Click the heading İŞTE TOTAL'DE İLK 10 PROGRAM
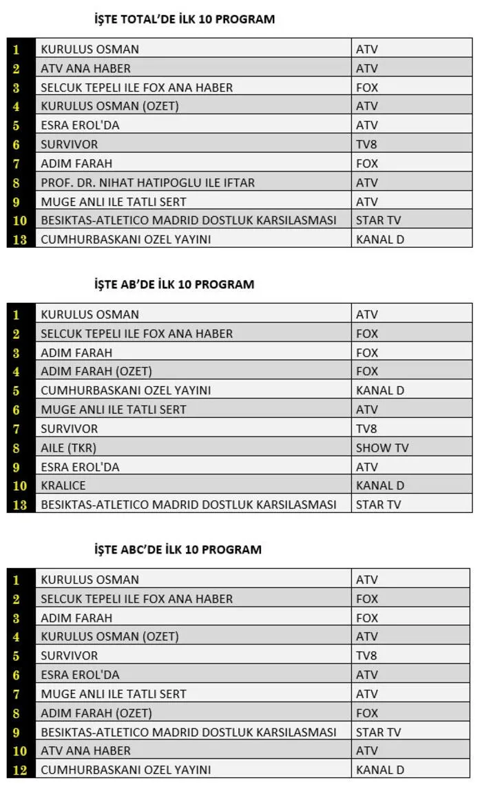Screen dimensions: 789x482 pyautogui.click(x=184, y=19)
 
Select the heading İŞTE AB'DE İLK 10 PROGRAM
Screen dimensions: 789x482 pyautogui.click(x=174, y=284)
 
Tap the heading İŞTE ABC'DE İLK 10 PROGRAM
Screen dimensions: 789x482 pyautogui.click(x=178, y=549)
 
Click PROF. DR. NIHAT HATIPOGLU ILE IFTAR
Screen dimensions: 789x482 pyautogui.click(x=147, y=182)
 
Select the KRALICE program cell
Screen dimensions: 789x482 pyautogui.click(x=63, y=485)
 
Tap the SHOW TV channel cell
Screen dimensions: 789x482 pyautogui.click(x=382, y=448)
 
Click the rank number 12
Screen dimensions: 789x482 pyautogui.click(x=20, y=770)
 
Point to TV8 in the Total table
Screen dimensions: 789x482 pyautogui.click(x=367, y=145)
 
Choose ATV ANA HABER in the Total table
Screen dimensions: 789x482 pyautogui.click(x=85, y=68)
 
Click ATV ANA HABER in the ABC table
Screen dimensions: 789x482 pyautogui.click(x=85, y=750)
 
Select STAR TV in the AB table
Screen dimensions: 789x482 pyautogui.click(x=378, y=504)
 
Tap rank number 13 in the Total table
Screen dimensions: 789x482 pyautogui.click(x=20, y=240)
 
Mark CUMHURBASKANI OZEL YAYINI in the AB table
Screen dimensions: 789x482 pyautogui.click(x=125, y=390)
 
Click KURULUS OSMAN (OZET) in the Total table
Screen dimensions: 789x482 pyautogui.click(x=109, y=106)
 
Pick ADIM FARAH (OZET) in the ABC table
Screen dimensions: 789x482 pyautogui.click(x=96, y=713)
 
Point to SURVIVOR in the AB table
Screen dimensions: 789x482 pyautogui.click(x=69, y=428)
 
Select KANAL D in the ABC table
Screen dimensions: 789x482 pyautogui.click(x=379, y=770)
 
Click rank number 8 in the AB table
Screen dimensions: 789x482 pyautogui.click(x=17, y=448)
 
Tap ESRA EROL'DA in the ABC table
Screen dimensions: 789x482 pyautogui.click(x=80, y=675)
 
